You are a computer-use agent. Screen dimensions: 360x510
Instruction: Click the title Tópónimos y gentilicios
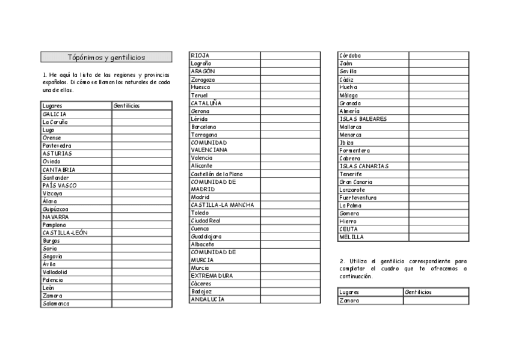pos(106,58)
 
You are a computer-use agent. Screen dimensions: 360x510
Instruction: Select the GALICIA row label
pos(55,114)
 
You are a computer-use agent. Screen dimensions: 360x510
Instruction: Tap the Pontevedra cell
pos(57,145)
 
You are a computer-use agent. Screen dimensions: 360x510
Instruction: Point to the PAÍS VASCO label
pos(60,185)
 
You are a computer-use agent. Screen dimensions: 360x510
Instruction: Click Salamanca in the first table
pos(56,304)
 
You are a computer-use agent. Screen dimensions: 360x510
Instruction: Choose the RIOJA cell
pos(200,55)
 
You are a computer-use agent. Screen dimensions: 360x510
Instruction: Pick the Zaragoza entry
pos(203,79)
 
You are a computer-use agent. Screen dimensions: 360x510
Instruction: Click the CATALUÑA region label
pos(206,103)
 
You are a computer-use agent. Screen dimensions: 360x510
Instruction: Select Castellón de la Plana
pos(217,174)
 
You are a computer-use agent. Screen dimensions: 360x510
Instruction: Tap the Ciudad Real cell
pos(206,221)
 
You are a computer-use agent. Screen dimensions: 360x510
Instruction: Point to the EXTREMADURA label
pos(212,275)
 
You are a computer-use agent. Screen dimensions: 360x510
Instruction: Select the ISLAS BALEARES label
pos(363,119)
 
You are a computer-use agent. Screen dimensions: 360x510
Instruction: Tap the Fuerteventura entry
pos(358,197)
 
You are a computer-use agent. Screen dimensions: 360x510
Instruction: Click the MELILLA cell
pos(351,237)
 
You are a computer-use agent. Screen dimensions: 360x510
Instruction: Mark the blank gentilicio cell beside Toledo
pos(290,213)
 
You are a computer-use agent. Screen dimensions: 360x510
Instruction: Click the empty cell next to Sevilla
pos(438,71)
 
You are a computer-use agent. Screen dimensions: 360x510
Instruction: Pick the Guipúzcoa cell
pos(55,209)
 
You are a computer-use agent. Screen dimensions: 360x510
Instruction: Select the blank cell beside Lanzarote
pos(438,189)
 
